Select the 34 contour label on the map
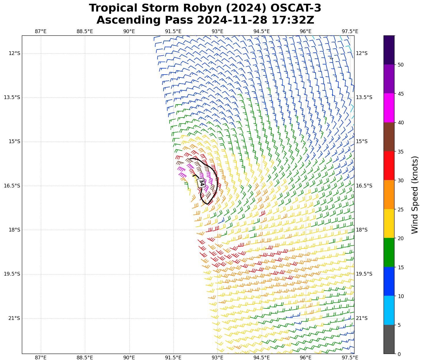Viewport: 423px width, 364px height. tap(202, 183)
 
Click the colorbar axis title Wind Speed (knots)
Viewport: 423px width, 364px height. tap(414, 195)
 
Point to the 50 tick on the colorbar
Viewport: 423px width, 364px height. tap(400, 65)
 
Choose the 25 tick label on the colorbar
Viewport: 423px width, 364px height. tap(400, 210)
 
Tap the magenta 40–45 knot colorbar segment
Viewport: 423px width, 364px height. tap(389, 108)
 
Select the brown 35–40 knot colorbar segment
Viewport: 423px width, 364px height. tap(389, 137)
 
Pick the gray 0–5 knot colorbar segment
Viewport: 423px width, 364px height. tap(389, 339)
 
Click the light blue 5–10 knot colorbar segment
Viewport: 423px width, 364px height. tap(389, 310)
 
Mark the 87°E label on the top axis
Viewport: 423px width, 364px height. tap(41, 31)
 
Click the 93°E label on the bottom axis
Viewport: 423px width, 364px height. tap(217, 358)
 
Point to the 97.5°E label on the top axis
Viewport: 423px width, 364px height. tap(350, 31)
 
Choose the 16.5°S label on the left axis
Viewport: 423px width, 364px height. tap(12, 186)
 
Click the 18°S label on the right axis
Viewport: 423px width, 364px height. tap(362, 230)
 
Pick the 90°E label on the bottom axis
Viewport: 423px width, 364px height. tap(129, 358)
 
